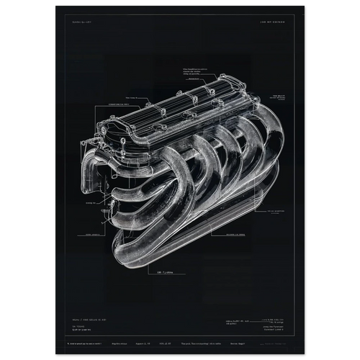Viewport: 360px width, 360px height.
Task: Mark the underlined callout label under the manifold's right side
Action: [237, 234]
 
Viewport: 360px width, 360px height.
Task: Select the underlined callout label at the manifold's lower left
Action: [91, 235]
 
